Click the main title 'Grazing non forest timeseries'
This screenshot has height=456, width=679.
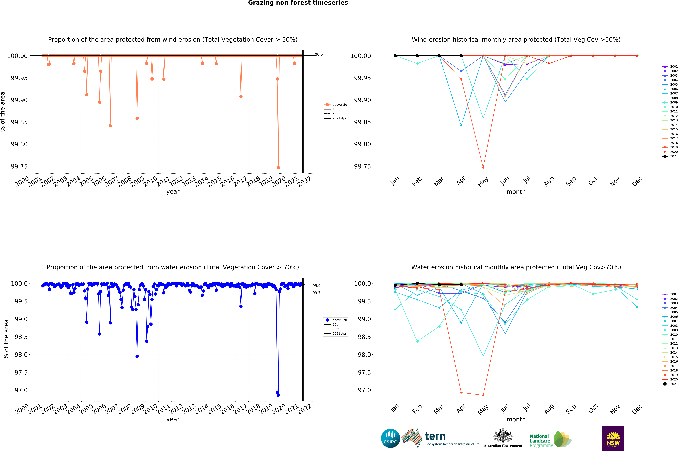point(298,3)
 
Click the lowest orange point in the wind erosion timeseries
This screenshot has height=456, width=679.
point(278,168)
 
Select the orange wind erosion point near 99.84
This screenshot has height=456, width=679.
point(110,126)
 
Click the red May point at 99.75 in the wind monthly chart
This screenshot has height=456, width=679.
point(483,168)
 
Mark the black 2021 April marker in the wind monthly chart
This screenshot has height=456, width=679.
point(461,56)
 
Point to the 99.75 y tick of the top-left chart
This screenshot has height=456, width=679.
point(19,166)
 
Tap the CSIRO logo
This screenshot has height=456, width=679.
point(390,438)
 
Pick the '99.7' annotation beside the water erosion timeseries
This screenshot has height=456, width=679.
point(316,293)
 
